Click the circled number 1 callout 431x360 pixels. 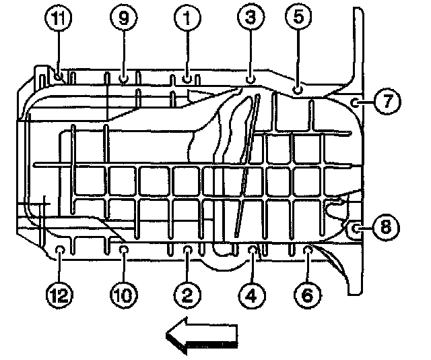pos(187,20)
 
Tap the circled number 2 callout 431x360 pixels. pos(187,293)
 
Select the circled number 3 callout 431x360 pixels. pos(251,20)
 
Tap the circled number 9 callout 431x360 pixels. pos(123,20)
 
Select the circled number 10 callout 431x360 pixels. pos(125,293)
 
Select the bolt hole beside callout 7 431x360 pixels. pos(354,102)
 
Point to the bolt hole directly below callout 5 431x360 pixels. pos(298,88)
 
